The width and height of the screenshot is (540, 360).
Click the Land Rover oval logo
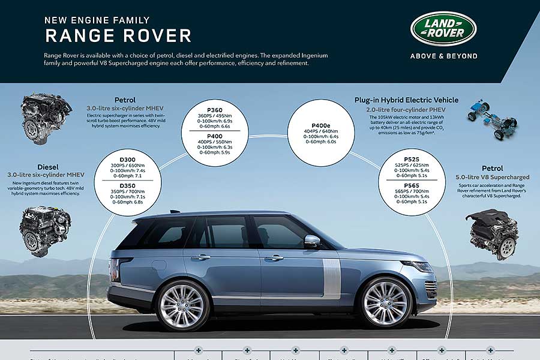point(443,28)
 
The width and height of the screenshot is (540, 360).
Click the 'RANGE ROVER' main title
point(118,35)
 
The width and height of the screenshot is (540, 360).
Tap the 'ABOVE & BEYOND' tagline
point(443,56)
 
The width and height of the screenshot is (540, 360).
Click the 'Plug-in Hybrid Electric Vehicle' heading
point(406,100)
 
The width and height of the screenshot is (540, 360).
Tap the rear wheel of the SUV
point(184,305)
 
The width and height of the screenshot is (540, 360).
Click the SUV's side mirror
point(312,241)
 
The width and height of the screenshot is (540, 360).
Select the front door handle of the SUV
point(274,258)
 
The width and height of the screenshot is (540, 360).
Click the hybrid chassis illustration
point(492,119)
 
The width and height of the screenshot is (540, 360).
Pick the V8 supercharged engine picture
point(493,233)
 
